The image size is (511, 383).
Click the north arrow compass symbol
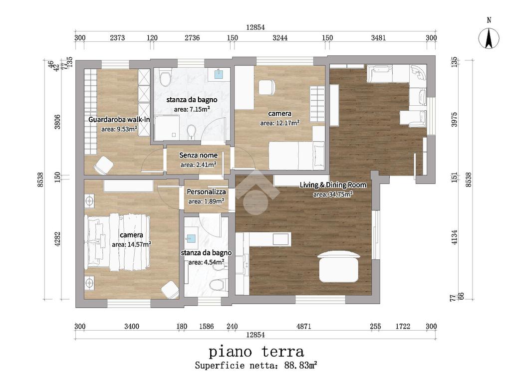(x=489, y=38)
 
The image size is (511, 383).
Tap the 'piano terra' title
(x=256, y=352)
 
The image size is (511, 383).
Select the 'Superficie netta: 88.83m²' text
(x=256, y=365)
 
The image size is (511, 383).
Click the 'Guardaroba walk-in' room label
(x=119, y=120)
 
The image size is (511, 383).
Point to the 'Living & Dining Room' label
(x=333, y=185)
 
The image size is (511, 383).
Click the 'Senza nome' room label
(x=198, y=156)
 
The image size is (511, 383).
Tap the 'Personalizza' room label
(x=206, y=192)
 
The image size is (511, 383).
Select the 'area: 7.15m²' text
(x=192, y=109)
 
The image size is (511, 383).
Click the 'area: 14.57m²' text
(x=131, y=244)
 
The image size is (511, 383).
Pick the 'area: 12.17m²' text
(x=279, y=123)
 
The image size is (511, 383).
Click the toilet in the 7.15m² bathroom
(x=165, y=78)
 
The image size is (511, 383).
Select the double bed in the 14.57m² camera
(x=117, y=242)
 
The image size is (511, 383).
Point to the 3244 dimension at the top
(x=280, y=38)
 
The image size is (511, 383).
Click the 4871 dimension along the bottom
(x=304, y=326)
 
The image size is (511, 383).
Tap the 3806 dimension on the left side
(x=57, y=122)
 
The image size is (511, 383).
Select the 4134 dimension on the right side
(x=454, y=237)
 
